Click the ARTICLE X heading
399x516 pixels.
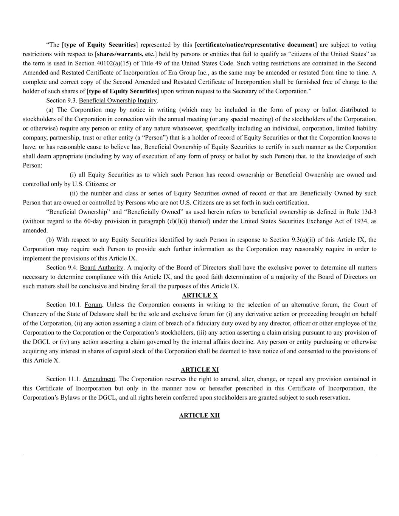coord(199,295)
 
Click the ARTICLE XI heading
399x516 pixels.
coord(199,370)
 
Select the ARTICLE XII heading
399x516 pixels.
coord(199,415)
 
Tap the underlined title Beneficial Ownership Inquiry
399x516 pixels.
coord(118,101)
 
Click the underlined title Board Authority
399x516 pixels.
coord(101,268)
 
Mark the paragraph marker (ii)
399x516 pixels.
coord(74,194)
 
